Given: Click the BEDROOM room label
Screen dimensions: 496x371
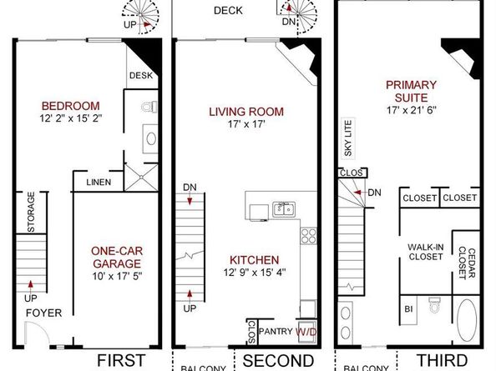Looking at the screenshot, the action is [70, 106].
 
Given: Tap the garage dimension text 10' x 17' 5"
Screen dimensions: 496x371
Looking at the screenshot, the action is [117, 276].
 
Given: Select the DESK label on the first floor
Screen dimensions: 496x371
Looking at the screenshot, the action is [141, 76].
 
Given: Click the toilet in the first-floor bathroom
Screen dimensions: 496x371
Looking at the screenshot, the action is [149, 107].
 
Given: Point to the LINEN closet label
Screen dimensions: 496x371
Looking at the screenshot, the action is [99, 183].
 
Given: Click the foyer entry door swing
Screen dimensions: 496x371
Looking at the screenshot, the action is [37, 332].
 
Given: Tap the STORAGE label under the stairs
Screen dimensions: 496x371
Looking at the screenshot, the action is [31, 213].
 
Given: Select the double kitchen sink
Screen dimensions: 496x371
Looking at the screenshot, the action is [284, 209].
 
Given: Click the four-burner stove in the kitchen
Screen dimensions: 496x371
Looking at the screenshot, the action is [308, 236].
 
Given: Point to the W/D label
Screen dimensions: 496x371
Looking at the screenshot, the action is [306, 332].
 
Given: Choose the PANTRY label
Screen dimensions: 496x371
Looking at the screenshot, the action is [276, 331].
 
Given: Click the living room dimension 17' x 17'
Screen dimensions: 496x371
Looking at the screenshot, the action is [246, 124].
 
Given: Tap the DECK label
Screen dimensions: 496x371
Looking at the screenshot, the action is [228, 11].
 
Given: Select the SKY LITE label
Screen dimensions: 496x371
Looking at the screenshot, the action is [348, 138].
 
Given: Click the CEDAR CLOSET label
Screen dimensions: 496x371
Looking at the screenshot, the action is [467, 263].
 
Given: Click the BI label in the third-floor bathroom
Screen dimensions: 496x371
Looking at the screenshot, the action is [408, 308].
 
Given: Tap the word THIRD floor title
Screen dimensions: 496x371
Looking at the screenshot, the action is [442, 360].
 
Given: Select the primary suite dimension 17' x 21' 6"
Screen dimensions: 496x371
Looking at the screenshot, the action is [411, 110].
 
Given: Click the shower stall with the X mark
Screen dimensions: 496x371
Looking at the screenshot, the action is [141, 177].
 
